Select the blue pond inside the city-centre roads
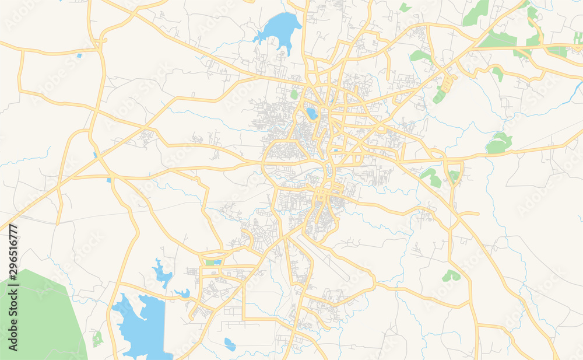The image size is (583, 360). point(312,113)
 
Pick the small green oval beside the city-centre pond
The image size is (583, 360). point(294,94)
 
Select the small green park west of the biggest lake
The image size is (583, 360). point(97,338)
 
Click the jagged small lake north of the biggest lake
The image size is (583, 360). point(161,272)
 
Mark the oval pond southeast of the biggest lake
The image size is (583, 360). point(230,344)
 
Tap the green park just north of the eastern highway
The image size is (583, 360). point(498,144)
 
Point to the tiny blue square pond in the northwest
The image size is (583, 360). point(79,56)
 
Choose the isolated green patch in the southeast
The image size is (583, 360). point(451,275)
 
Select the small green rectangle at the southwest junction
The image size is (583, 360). point(209,263)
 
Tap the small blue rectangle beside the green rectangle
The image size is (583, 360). point(217,263)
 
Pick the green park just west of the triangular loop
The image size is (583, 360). point(432,178)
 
